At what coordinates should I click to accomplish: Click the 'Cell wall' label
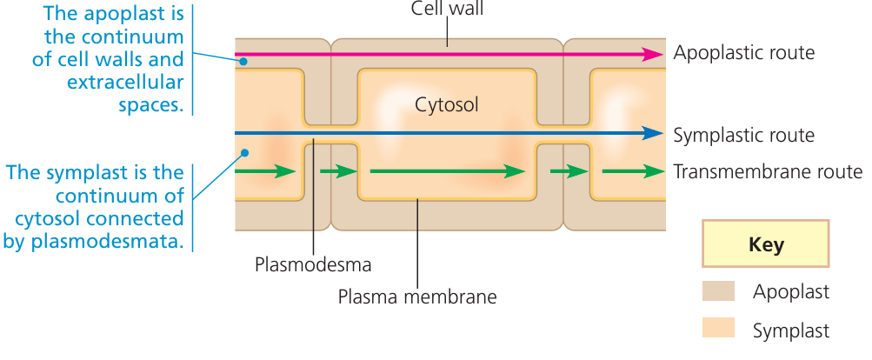(x=447, y=10)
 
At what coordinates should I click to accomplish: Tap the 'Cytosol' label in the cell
(x=447, y=105)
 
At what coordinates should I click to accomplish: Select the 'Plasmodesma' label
(x=313, y=263)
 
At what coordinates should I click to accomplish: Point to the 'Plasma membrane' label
(x=417, y=297)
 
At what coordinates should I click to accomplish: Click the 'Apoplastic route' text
(x=743, y=53)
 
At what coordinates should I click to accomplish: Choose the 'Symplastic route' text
(x=743, y=135)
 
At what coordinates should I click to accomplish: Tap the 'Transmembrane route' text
(x=768, y=171)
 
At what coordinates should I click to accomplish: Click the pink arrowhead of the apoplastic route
(x=651, y=54)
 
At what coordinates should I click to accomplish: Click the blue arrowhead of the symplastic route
(x=651, y=134)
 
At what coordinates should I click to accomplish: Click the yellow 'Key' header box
(x=765, y=244)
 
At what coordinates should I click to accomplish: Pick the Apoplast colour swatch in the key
(x=718, y=291)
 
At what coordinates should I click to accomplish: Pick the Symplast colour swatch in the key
(x=718, y=328)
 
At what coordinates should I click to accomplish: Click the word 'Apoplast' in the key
(x=790, y=292)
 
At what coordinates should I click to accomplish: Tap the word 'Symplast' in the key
(x=790, y=330)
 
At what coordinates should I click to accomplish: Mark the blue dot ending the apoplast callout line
(x=244, y=61)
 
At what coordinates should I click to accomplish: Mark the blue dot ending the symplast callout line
(x=244, y=153)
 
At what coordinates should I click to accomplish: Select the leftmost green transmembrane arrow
(x=265, y=171)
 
